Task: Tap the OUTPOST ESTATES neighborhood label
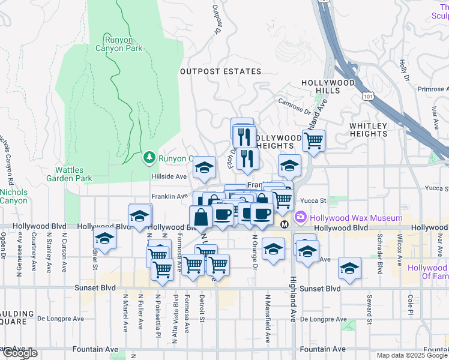click(221, 71)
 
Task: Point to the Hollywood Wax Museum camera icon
click(300, 217)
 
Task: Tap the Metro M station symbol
click(285, 224)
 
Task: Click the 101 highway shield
click(367, 96)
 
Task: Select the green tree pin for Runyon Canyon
click(149, 158)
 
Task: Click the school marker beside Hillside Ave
click(204, 167)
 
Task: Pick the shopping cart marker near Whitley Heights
click(313, 141)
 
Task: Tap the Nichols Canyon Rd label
click(9, 155)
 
